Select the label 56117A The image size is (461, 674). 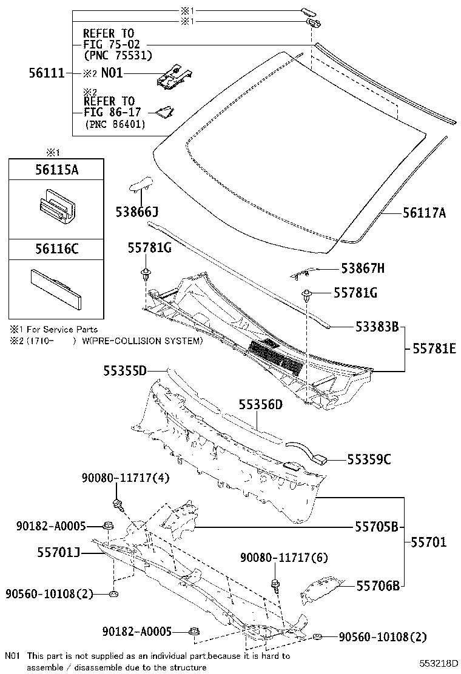[x=425, y=213]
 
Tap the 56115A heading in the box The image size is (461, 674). [x=55, y=170]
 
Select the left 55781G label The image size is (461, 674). [x=149, y=248]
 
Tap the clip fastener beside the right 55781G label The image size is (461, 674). [x=308, y=296]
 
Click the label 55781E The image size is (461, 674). [x=434, y=350]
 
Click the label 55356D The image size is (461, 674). [x=260, y=404]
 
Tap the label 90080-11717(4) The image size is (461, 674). [x=126, y=479]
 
